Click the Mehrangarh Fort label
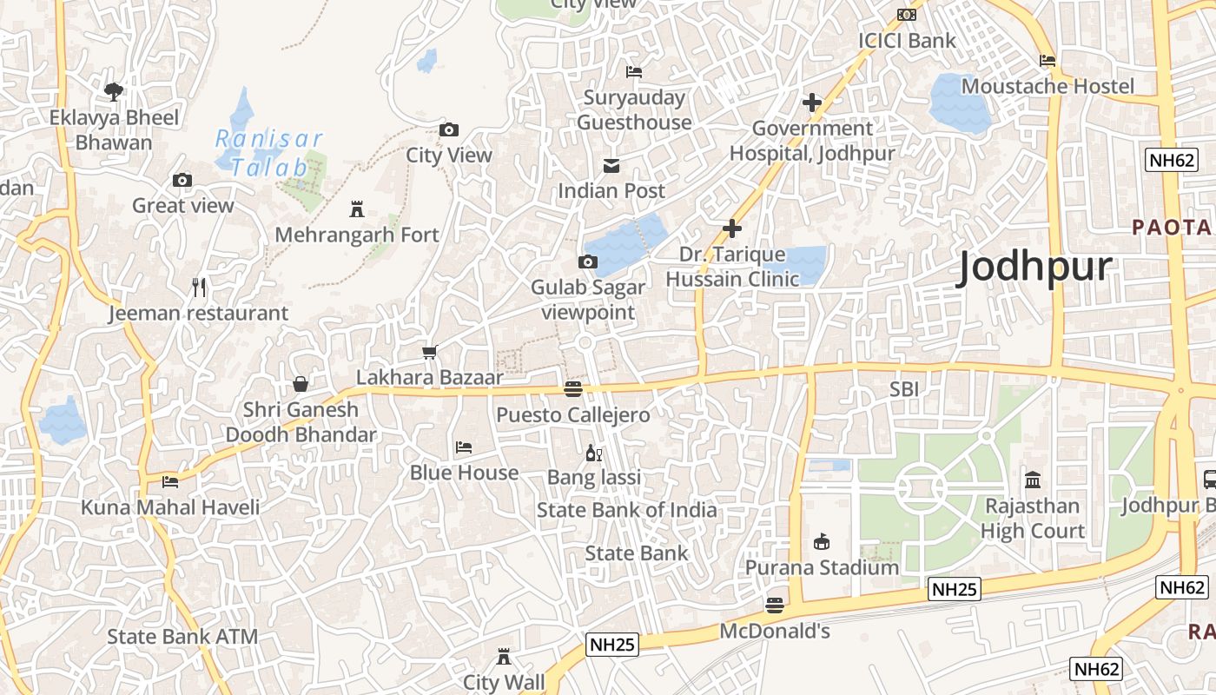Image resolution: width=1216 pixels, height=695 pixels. (x=357, y=235)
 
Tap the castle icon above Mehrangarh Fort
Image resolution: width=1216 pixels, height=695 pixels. (x=356, y=208)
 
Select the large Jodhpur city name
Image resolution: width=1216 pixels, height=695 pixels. (x=1034, y=268)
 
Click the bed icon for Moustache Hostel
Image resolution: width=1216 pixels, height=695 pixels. (x=1047, y=61)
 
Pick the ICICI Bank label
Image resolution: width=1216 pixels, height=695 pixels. (x=907, y=40)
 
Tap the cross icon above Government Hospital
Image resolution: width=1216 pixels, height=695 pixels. (x=812, y=103)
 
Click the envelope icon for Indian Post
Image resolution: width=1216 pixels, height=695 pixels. (x=611, y=165)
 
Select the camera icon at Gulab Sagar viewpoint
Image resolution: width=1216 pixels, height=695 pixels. (x=588, y=261)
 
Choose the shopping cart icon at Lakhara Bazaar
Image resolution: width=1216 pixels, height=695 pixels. (x=429, y=352)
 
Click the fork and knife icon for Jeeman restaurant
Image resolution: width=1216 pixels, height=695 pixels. (x=199, y=287)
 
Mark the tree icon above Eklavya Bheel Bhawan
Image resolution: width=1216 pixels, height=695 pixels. (x=114, y=91)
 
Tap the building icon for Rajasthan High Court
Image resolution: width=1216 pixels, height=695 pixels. (x=1033, y=480)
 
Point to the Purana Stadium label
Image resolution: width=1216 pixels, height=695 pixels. (x=822, y=567)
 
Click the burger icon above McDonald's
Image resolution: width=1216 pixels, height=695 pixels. (x=775, y=605)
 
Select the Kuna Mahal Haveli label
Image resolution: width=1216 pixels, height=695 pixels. (x=170, y=506)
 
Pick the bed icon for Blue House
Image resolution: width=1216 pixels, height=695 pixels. (x=464, y=447)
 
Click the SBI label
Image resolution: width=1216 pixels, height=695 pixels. (x=903, y=389)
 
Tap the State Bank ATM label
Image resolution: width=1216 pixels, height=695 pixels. (x=182, y=636)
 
